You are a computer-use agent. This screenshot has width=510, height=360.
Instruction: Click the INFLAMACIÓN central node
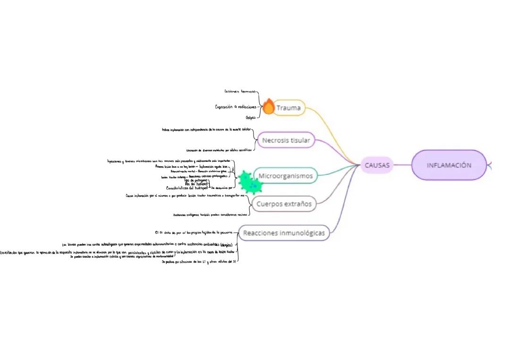pyautogui.click(x=449, y=165)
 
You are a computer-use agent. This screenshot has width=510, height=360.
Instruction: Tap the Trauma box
pyautogui.click(x=289, y=108)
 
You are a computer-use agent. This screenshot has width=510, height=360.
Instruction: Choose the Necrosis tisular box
pyautogui.click(x=286, y=140)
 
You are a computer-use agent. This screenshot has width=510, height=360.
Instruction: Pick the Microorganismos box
pyautogui.click(x=285, y=176)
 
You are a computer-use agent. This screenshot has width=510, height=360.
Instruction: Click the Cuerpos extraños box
pyautogui.click(x=284, y=204)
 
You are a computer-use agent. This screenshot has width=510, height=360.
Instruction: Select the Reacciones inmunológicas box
pyautogui.click(x=284, y=233)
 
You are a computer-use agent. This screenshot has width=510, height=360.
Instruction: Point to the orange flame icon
pyautogui.click(x=268, y=107)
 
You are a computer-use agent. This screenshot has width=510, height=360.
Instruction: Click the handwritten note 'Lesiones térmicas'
pyautogui.click(x=240, y=91)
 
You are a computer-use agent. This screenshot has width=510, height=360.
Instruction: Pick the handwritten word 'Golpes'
pyautogui.click(x=250, y=117)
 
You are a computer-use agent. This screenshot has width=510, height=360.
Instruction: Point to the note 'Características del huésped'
pyautogui.click(x=187, y=188)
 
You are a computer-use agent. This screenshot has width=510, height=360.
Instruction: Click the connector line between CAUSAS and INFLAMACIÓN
pyautogui.click(x=403, y=165)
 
